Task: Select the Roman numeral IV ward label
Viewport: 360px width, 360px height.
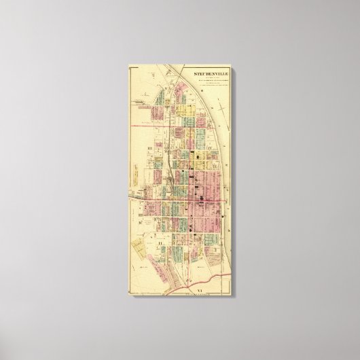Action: (x=211, y=147)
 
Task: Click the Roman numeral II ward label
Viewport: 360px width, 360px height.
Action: (x=158, y=240)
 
